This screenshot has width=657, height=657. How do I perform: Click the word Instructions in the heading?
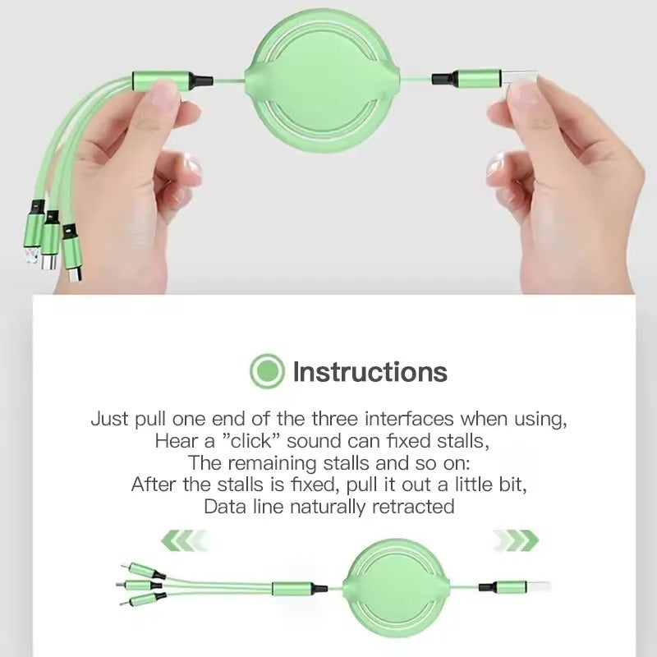tap(370, 372)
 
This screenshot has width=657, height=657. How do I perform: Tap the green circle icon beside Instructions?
tap(267, 372)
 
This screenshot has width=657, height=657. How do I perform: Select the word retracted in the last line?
tap(413, 506)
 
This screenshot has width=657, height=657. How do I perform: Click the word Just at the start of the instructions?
tap(110, 419)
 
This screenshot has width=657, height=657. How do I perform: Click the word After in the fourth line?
tap(154, 484)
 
